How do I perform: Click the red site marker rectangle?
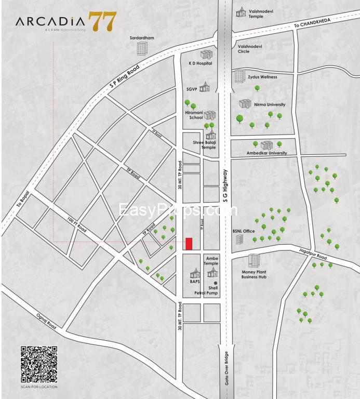pyautogui.click(x=189, y=244)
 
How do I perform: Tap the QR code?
pyautogui.click(x=39, y=364)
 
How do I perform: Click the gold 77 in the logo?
pyautogui.click(x=102, y=21)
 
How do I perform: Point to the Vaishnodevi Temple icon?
pyautogui.click(x=241, y=12)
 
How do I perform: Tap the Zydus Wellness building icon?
pyautogui.click(x=239, y=76)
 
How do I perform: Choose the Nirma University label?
pyautogui.click(x=270, y=104)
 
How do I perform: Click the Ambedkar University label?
pyautogui.click(x=266, y=153)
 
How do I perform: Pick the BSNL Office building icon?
pyautogui.click(x=239, y=240)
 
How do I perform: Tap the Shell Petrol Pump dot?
pyautogui.click(x=216, y=283)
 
